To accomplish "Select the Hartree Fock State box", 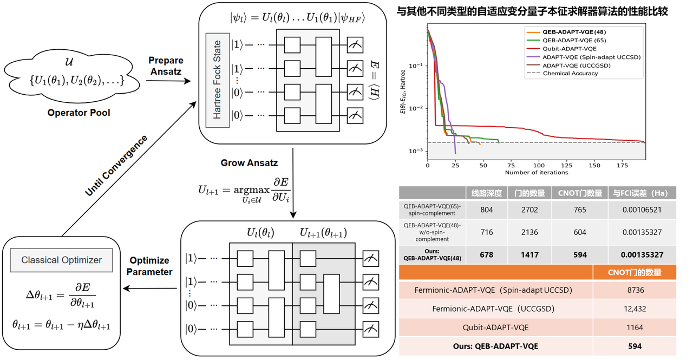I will coord(217,80).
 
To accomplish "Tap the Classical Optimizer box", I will coord(61,260).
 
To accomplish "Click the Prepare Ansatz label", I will coord(166,66).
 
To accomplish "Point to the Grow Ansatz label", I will coord(249,162).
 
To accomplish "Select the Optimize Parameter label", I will coord(149,266).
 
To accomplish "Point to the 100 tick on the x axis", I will coord(539,165).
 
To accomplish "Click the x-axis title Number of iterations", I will coord(537,172).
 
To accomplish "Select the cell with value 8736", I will coord(635,290).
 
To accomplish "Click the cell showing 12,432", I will coord(635,309).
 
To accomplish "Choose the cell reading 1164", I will coord(635,327).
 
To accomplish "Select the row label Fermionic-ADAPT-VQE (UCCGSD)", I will coord(496,309).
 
